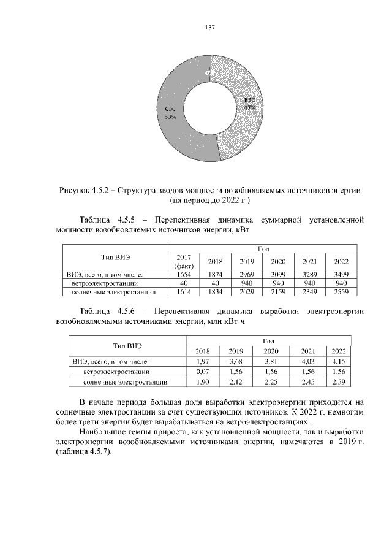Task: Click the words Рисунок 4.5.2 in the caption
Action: pyautogui.click(x=83, y=189)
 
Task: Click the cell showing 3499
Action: pyautogui.click(x=341, y=274)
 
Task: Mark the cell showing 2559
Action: pyautogui.click(x=341, y=293)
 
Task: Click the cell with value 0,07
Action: pyautogui.click(x=202, y=372)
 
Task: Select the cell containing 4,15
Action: pyautogui.click(x=338, y=361)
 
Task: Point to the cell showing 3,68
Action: pyautogui.click(x=236, y=361)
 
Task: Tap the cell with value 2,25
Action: pyautogui.click(x=271, y=382)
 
